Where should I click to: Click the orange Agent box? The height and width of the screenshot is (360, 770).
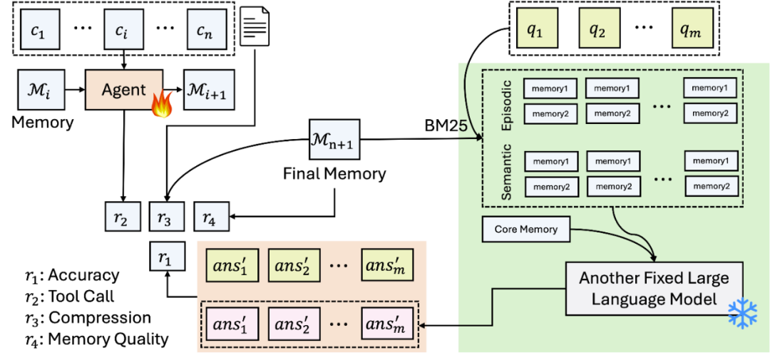[x=124, y=90]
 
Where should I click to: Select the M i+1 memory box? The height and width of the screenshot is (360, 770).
[x=209, y=90]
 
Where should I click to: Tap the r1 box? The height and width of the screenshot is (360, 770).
[x=165, y=256]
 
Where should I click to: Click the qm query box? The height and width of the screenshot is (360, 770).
[x=692, y=29]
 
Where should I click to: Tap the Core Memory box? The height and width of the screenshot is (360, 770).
[x=526, y=230]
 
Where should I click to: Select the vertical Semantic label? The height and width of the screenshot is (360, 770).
[x=508, y=172]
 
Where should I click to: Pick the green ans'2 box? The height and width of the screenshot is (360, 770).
[x=290, y=265]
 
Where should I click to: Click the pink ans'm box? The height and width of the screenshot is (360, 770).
[x=386, y=325]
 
